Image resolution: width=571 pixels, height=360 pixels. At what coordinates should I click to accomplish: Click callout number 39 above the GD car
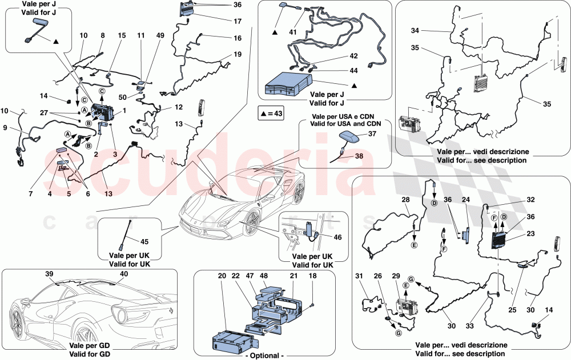[49, 274]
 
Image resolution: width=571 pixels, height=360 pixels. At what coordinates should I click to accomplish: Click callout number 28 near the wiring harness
[406, 200]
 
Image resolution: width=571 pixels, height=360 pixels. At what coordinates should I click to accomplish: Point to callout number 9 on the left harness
[6, 128]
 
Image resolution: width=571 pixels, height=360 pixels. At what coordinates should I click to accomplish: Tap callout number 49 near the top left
[160, 35]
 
